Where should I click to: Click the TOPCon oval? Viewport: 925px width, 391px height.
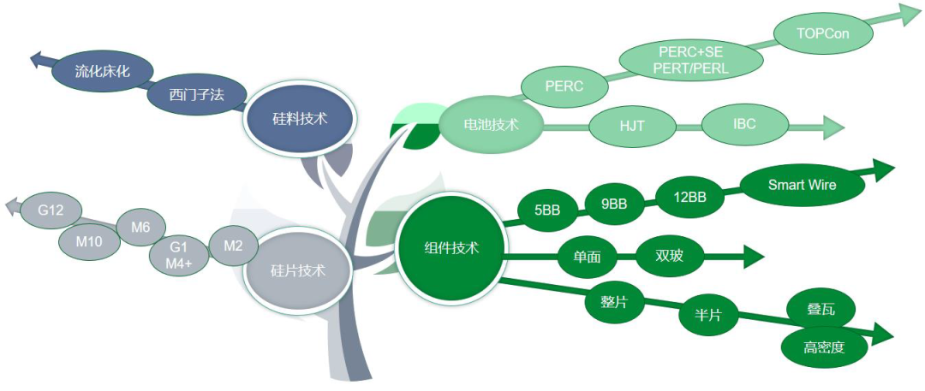point(822,33)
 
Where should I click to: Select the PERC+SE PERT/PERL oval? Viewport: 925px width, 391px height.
point(689,60)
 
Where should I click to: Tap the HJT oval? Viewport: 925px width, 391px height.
point(632,126)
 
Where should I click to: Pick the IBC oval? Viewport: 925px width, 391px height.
point(744,124)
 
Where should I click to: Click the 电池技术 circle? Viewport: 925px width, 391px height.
point(491,125)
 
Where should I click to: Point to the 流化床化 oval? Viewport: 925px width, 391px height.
point(102,72)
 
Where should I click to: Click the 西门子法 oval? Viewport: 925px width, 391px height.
point(197,95)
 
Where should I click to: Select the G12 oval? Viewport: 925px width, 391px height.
point(51,210)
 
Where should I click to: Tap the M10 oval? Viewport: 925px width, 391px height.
point(89,241)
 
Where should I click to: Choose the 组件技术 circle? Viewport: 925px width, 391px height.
point(451,248)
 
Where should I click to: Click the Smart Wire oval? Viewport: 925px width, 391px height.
point(802,185)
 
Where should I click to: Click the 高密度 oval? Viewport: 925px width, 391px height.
point(823,347)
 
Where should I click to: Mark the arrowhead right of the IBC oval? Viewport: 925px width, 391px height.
point(833,127)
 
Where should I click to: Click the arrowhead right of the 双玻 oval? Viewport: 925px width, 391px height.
point(754,255)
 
